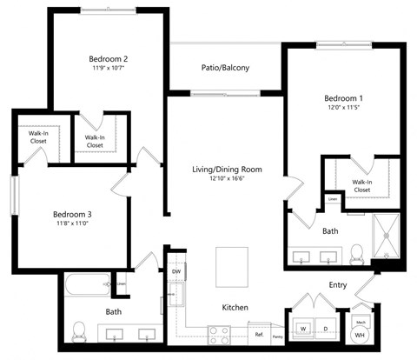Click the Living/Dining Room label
pyautogui.click(x=227, y=169)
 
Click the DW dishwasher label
pyautogui.click(x=176, y=271)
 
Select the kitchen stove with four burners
pyautogui.click(x=220, y=331)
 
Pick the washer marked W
pyautogui.click(x=303, y=328)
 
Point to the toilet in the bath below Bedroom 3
pyautogui.click(x=78, y=330)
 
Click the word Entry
pyautogui.click(x=339, y=284)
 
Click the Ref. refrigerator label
pyautogui.click(x=257, y=334)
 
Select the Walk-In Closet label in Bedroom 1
pyautogui.click(x=361, y=185)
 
